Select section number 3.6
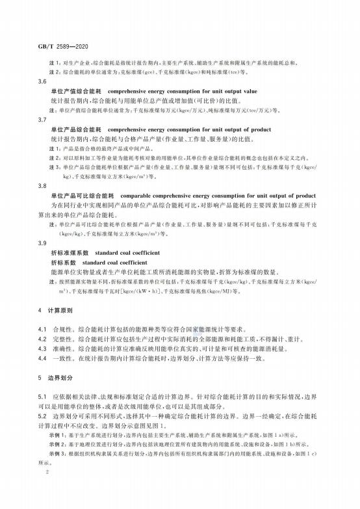[x=43, y=82]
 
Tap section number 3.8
[x=43, y=185]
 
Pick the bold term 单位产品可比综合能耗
[x=79, y=196]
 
